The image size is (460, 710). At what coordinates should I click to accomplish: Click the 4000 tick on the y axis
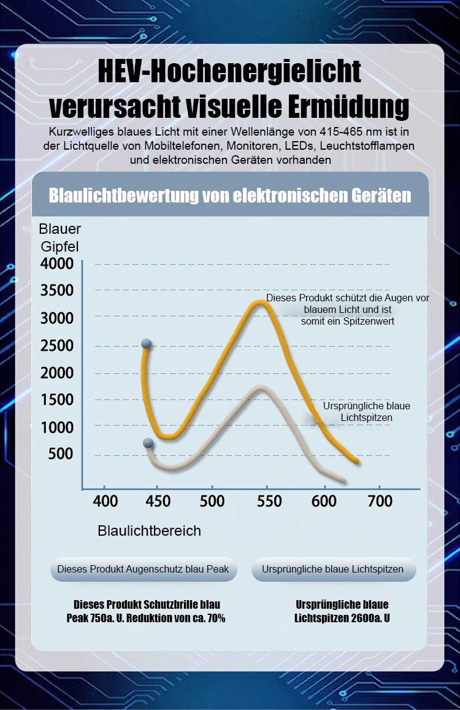click(x=57, y=264)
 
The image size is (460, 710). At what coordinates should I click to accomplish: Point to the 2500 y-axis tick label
click(x=57, y=345)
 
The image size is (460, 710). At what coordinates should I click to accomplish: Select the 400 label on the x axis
click(x=105, y=501)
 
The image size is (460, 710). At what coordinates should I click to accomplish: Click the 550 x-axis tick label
click(x=269, y=501)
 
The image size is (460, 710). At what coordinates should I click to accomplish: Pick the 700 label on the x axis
click(x=380, y=501)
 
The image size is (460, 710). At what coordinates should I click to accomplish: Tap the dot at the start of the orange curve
click(x=147, y=343)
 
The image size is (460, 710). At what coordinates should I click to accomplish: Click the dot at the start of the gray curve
click(x=148, y=442)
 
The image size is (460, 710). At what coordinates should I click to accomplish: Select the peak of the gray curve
click(x=261, y=388)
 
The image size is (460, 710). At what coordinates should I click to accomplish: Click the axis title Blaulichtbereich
click(x=149, y=531)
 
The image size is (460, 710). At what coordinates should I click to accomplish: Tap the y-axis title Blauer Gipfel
click(x=59, y=238)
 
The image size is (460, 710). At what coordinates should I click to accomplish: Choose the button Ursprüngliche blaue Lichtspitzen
click(x=333, y=569)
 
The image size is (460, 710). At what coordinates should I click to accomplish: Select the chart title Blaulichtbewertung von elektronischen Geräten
click(x=230, y=196)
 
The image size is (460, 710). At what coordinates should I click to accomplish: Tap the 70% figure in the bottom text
click(x=215, y=618)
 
